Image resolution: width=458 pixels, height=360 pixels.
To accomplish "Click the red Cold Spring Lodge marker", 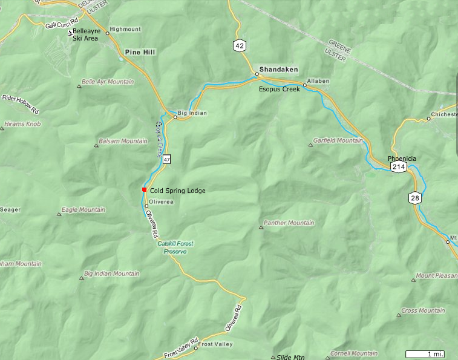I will pyautogui.click(x=144, y=190).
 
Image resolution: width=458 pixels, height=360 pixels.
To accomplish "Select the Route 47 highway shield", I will pyautogui.click(x=166, y=159).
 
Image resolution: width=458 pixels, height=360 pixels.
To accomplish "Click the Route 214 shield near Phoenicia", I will pyautogui.click(x=398, y=166).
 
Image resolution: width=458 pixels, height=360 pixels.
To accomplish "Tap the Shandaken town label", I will pyautogui.click(x=278, y=70).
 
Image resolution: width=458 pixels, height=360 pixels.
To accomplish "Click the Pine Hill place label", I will pyautogui.click(x=140, y=53).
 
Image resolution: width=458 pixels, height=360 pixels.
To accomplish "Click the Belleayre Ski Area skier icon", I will pyautogui.click(x=70, y=32).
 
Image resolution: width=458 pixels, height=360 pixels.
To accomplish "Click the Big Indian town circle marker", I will pyautogui.click(x=175, y=117).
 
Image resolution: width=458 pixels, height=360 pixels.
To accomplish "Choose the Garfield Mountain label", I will pyautogui.click(x=338, y=140).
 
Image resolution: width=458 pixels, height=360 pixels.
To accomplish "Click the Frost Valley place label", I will pyautogui.click(x=215, y=344).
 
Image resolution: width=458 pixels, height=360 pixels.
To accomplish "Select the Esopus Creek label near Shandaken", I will pyautogui.click(x=280, y=89).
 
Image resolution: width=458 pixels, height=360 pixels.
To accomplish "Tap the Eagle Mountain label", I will pyautogui.click(x=83, y=210).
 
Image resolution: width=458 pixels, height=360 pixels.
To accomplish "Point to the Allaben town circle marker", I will pyautogui.click(x=305, y=85).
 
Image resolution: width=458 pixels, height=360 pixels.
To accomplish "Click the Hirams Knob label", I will pyautogui.click(x=22, y=124).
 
